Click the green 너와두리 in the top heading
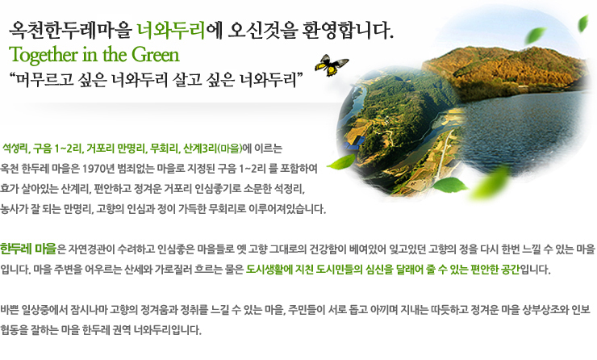pos(171,31)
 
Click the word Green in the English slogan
pos(156,54)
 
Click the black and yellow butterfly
pos(330,65)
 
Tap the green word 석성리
pos(17,149)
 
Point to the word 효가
pos(7,189)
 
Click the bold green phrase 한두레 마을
pos(28,249)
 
